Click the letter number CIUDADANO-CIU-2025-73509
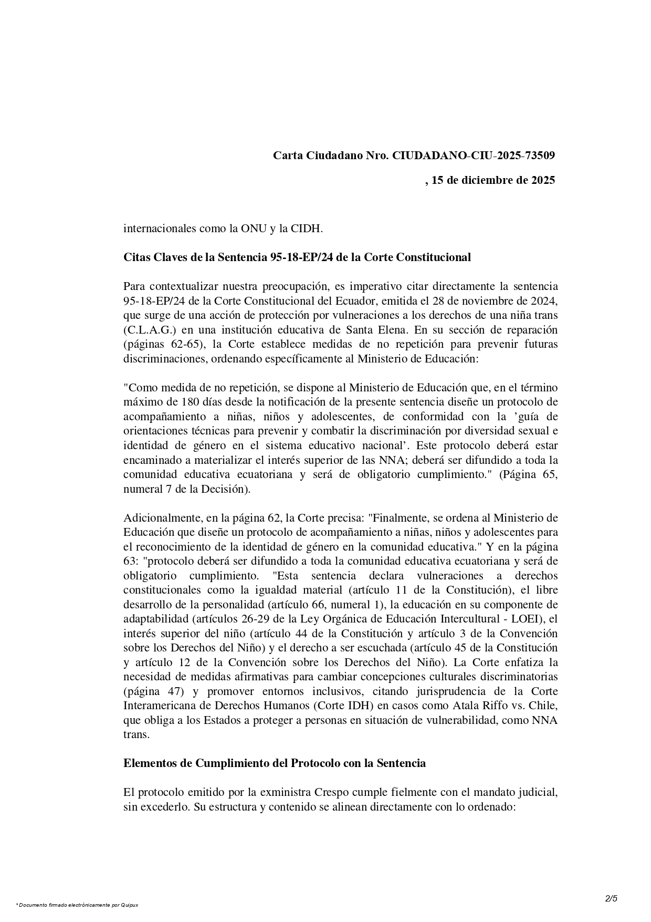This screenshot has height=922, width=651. tap(474, 156)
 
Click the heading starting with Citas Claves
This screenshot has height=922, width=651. tap(297, 257)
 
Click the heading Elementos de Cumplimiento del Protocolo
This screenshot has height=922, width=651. tap(274, 763)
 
